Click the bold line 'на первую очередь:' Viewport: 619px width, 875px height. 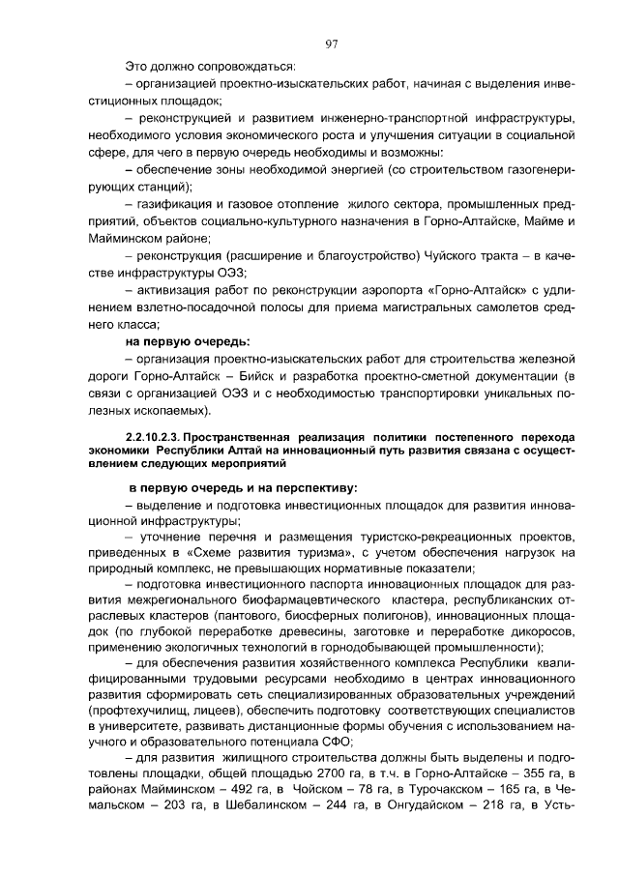tap(188, 340)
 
